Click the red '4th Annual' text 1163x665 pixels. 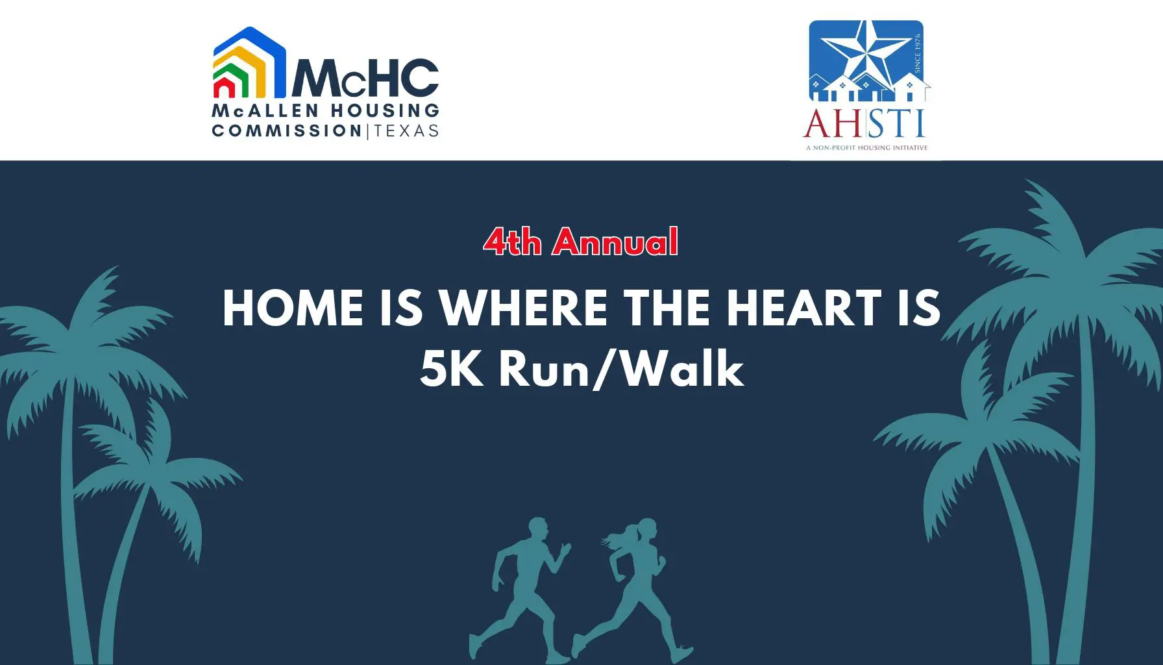coord(581,242)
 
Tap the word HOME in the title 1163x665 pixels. coord(293,308)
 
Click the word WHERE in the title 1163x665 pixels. coord(524,308)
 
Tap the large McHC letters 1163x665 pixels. coord(365,77)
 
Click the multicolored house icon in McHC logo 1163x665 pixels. coord(250,62)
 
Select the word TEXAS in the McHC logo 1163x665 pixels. coord(407,131)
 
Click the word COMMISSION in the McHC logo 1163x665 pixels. coord(287,131)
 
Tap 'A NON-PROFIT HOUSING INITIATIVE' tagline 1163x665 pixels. coord(866,148)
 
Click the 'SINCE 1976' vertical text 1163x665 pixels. coord(918,53)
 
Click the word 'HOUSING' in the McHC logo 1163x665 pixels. coord(385,111)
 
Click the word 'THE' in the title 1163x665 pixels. coord(667,308)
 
